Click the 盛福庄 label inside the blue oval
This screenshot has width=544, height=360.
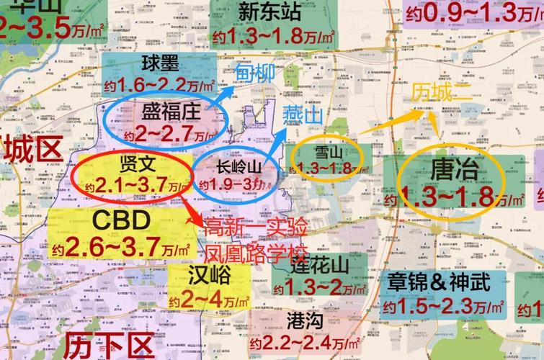point(170,112)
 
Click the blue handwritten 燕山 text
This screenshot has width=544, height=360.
point(303,114)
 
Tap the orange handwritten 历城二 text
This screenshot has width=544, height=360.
point(439,92)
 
